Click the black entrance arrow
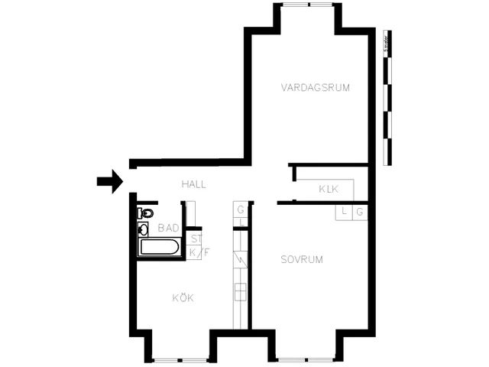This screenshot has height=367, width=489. click(110, 181)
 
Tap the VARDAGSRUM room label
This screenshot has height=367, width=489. click(315, 88)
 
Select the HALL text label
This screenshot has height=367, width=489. click(194, 184)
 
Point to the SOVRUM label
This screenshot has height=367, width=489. click(301, 259)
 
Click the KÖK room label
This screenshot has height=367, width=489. click(183, 297)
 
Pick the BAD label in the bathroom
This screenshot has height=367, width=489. click(168, 228)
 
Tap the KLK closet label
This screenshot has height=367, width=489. click(329, 189)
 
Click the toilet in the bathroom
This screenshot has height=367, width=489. click(146, 213)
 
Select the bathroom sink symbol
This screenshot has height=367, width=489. click(144, 229)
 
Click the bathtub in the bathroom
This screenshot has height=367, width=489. click(159, 247)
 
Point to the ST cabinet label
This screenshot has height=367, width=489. click(196, 239)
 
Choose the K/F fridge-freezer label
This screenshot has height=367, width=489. click(196, 252)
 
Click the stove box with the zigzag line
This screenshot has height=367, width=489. click(241, 260)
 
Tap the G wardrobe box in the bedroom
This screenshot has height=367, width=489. click(359, 212)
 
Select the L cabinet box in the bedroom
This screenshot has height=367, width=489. click(344, 212)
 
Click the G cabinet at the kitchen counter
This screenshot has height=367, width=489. click(240, 209)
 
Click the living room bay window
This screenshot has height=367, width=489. click(309, 5)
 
